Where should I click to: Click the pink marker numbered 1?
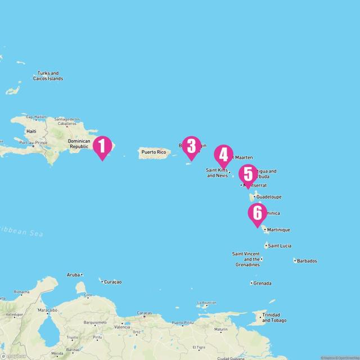point(102,146)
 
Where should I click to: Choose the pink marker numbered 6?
point(257,213)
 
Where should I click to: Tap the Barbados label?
point(307,260)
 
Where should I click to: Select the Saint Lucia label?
point(280,246)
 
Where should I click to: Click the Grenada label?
point(262,283)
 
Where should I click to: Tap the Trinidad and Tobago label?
point(274,317)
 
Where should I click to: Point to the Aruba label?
point(74,274)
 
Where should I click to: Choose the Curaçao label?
point(112,281)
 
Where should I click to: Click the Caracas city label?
point(145,313)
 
